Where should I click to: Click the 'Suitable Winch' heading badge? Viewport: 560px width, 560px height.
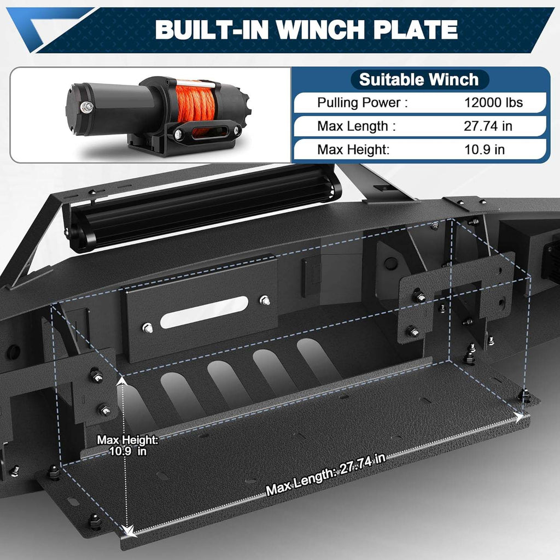pyautogui.click(x=418, y=80)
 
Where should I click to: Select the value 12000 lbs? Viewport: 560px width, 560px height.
pyautogui.click(x=493, y=103)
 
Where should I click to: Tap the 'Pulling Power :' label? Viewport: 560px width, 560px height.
pyautogui.click(x=362, y=103)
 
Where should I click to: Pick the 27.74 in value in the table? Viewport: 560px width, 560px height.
pyautogui.click(x=488, y=126)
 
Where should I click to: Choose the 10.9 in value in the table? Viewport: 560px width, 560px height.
pyautogui.click(x=483, y=150)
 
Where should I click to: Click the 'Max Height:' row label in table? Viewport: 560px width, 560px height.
pyautogui.click(x=353, y=150)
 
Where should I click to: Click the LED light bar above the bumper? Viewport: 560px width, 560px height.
pyautogui.click(x=202, y=208)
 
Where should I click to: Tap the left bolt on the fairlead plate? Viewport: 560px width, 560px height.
pyautogui.click(x=147, y=328)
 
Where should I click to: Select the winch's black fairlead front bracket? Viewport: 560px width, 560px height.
pyautogui.click(x=207, y=132)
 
